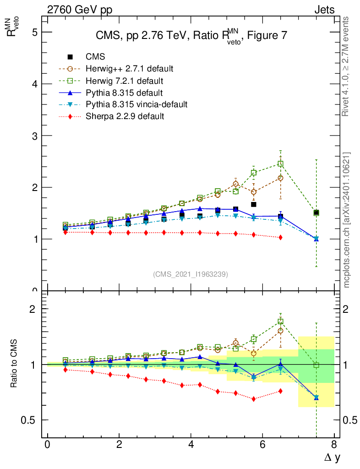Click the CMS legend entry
coord(95,57)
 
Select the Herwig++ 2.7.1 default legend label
coord(129,69)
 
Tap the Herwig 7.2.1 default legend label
coord(124,81)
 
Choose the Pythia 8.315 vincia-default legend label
coord(136,104)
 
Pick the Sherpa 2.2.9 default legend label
coord(125,116)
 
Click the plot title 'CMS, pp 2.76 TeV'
coord(191,36)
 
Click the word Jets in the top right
coord(324,10)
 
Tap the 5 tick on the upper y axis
coord(34,32)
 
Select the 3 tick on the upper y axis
coord(34,136)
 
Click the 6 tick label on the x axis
coord(262,445)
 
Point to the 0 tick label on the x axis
coord(48,445)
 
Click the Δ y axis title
coord(330,457)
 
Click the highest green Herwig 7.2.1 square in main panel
coord(280,164)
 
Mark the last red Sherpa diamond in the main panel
coord(280,237)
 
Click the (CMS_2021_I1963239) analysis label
coord(191,274)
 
